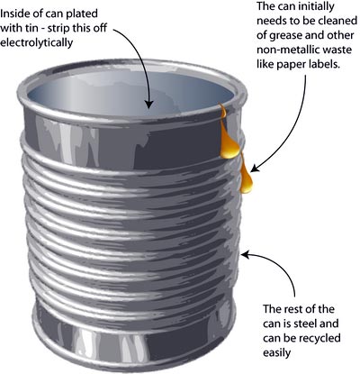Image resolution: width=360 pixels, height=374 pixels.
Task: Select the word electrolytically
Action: click(x=37, y=42)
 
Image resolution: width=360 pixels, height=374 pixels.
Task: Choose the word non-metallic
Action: click(x=288, y=50)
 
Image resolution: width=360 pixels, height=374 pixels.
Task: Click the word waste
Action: click(x=337, y=50)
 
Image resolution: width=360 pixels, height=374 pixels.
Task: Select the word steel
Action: click(x=301, y=324)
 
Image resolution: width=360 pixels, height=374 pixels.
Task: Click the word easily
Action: click(x=277, y=352)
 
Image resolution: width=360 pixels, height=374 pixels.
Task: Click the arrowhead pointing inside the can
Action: click(x=149, y=103)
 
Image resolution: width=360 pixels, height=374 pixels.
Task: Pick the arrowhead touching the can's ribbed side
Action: click(x=246, y=255)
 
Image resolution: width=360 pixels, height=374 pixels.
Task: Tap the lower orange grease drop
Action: click(x=246, y=178)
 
